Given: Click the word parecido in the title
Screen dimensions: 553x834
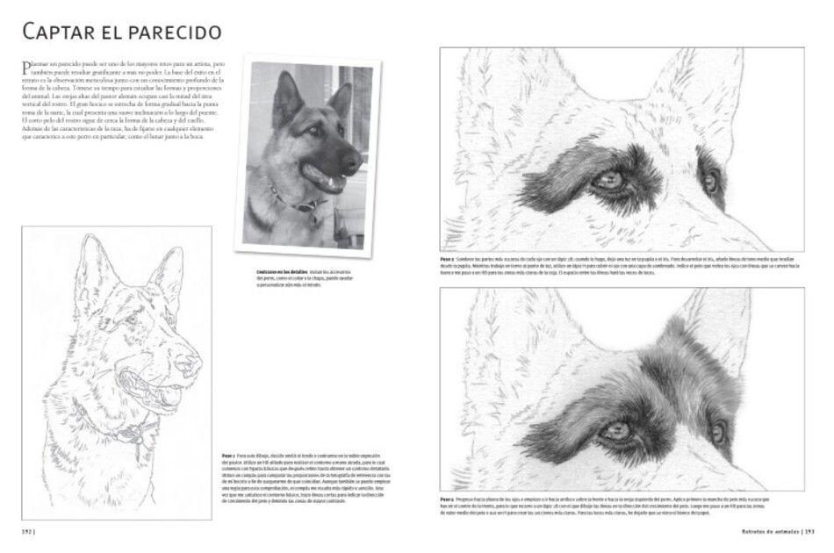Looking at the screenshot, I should click(x=175, y=34).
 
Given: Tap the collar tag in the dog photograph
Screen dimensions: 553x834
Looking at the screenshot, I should click(x=306, y=207).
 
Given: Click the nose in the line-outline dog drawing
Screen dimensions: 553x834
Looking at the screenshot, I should click(x=188, y=362).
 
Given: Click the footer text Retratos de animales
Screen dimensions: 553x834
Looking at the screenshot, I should click(x=766, y=531).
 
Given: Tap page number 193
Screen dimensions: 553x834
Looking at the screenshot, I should click(x=812, y=531).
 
